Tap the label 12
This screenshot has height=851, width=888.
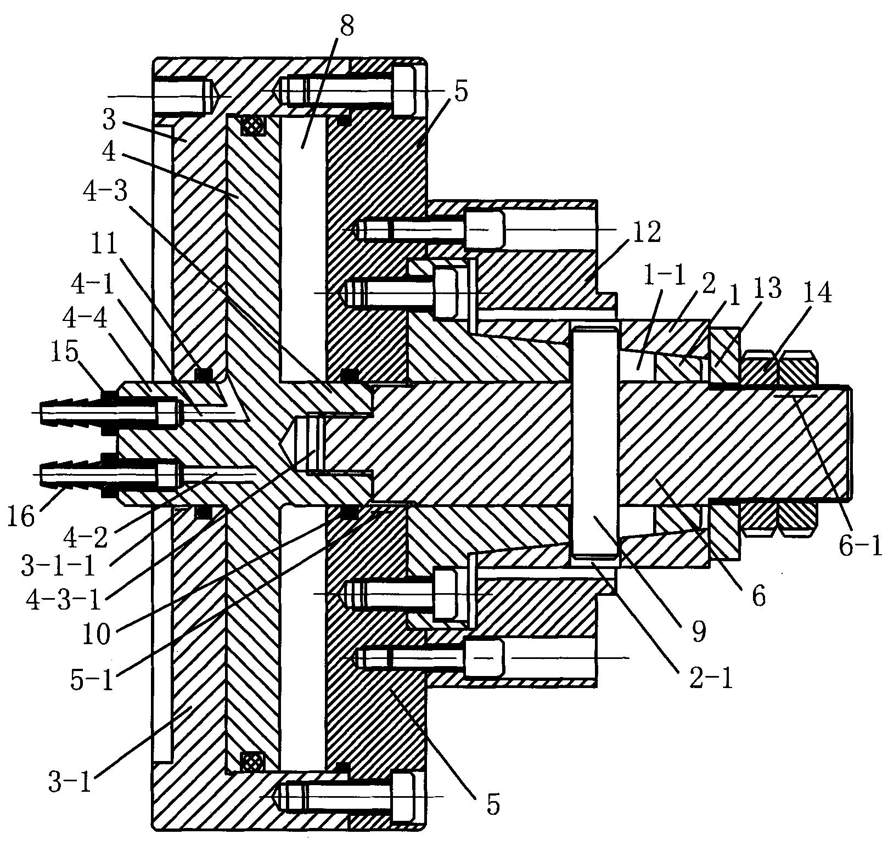(x=647, y=232)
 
